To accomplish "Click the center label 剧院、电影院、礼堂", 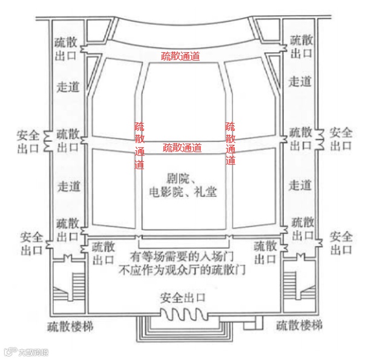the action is [x=182, y=185].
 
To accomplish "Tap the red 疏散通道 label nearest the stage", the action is [x=180, y=56].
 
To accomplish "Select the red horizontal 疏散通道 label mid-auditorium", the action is [x=182, y=147].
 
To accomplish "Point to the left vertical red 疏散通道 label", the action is [x=139, y=145].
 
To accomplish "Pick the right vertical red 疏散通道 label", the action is [x=231, y=144].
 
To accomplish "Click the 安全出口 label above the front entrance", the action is [x=183, y=298].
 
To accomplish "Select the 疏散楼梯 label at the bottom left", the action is [x=70, y=327].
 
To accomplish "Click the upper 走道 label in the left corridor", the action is [x=67, y=87].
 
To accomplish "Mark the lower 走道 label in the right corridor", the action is [x=300, y=185].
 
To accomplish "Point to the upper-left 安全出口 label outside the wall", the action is [x=28, y=140].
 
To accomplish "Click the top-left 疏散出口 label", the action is [x=66, y=46].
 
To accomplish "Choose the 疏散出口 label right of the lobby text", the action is [x=265, y=253].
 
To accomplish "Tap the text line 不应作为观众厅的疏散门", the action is [x=182, y=271].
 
